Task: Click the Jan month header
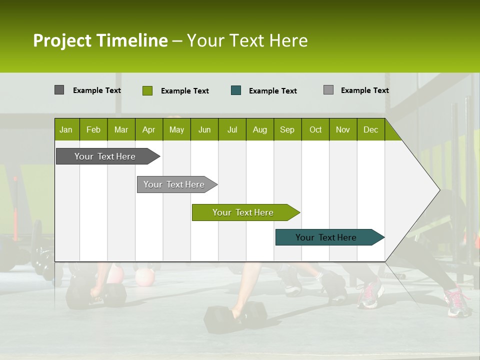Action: [x=66, y=129]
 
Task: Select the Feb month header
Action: [x=93, y=129]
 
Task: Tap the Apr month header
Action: [x=148, y=129]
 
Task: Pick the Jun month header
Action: [x=204, y=129]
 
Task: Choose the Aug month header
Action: [x=259, y=129]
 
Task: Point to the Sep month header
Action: [x=287, y=129]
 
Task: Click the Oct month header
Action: [x=315, y=129]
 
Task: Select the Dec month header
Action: [x=370, y=129]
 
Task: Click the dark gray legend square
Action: [x=59, y=90]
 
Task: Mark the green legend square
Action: [x=147, y=90]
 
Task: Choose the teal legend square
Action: [x=236, y=90]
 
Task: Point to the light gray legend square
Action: [x=328, y=90]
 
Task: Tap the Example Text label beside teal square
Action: [x=272, y=90]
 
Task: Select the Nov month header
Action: [x=343, y=129]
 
